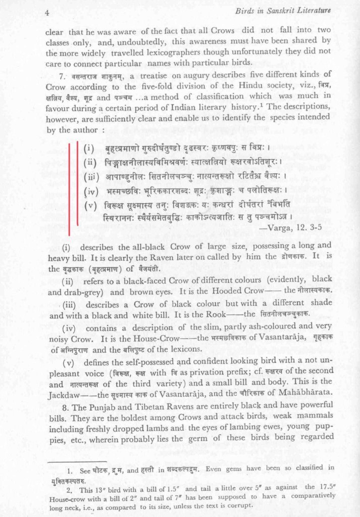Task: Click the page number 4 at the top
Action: tap(46, 12)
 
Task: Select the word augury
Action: tap(182, 76)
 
